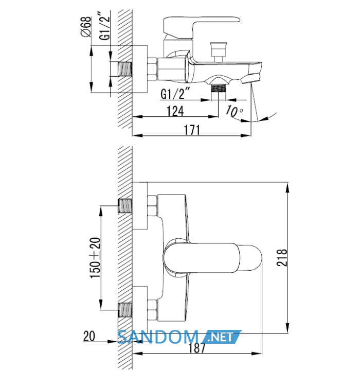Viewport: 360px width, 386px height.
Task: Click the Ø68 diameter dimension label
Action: click(86, 27)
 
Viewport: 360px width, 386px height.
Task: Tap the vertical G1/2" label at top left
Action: click(105, 25)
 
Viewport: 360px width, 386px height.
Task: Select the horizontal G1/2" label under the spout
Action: click(175, 93)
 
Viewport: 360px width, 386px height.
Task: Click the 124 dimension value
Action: click(175, 111)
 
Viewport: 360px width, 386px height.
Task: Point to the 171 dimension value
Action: click(192, 130)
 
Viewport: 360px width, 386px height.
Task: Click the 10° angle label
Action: click(235, 111)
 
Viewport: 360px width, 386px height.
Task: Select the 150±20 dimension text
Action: click(95, 258)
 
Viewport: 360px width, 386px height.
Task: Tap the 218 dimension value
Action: click(282, 257)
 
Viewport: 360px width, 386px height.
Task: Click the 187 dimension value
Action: click(197, 348)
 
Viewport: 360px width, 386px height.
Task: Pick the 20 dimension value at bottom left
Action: click(89, 336)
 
